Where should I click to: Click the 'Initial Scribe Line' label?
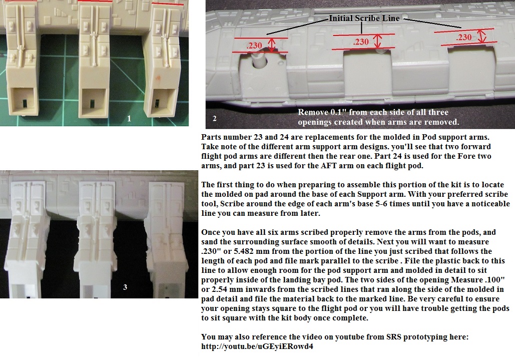[364, 19]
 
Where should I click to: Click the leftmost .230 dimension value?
[254, 46]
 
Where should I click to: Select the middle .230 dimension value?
[361, 42]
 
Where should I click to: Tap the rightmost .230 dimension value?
[464, 38]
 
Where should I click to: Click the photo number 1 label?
[129, 119]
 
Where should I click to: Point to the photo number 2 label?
[215, 119]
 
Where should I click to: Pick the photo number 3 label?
[125, 287]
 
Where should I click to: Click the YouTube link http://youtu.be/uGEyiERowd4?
[257, 346]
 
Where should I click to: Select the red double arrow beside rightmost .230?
[481, 36]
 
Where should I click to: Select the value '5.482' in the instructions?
[237, 251]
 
